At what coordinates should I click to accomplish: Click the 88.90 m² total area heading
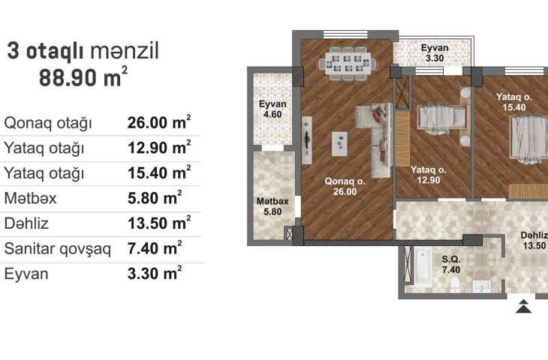pos(83,77)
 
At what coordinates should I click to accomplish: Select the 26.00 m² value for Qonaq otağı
pos(159,122)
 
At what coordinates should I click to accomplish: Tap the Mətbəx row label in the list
pos(31,198)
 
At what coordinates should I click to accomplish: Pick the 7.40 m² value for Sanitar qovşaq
pos(155,248)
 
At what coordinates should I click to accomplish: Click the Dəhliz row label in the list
pos(26,223)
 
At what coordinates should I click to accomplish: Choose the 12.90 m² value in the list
pos(159,147)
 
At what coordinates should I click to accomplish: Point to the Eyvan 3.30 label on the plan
pos(435,53)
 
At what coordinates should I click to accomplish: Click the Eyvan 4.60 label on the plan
pos(272,109)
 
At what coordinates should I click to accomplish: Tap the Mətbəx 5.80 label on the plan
pos(272,206)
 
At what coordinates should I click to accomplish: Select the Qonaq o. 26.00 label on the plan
pos(345,186)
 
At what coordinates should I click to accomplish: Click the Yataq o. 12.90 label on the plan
pos(429,175)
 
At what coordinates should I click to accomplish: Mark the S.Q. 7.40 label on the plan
pos(451,264)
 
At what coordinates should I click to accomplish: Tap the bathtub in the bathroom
pos(423,266)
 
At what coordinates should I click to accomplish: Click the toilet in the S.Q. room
pos(455,285)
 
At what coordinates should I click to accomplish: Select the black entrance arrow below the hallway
pos(523,306)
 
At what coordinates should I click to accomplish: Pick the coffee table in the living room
pos(339,144)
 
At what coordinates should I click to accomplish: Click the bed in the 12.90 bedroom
pos(442,118)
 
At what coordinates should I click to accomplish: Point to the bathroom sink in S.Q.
pos(482,286)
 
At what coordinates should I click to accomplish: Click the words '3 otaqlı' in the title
pos(45,51)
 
